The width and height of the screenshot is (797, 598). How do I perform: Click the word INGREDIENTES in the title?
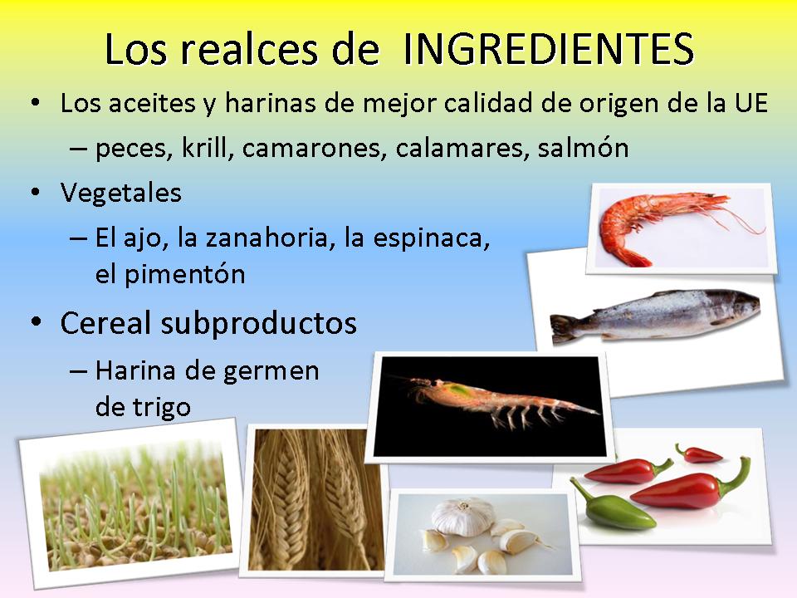point(548,49)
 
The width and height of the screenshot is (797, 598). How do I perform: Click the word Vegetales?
point(121,193)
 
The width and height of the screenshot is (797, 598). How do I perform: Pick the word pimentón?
point(185,275)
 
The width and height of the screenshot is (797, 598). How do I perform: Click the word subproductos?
point(259,324)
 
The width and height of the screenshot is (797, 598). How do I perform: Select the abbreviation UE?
point(751,103)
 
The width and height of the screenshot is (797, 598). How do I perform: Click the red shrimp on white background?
point(661,226)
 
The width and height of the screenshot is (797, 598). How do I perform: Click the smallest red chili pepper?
point(698,454)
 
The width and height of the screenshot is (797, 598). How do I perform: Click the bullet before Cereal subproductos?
point(36,323)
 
